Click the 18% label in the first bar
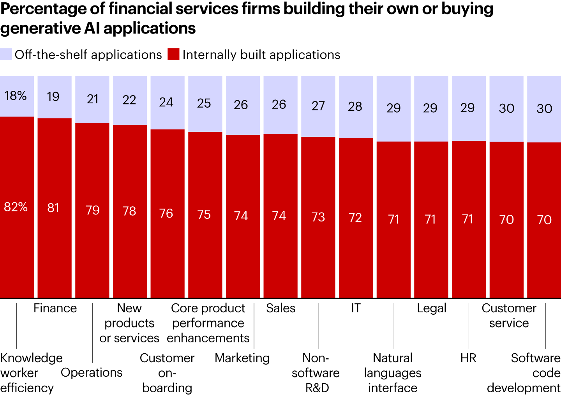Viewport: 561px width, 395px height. point(16,96)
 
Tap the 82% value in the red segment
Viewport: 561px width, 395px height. point(16,207)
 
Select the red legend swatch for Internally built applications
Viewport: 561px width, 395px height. point(173,54)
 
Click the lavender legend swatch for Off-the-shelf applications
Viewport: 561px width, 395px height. point(6,54)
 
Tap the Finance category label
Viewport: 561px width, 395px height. point(55,308)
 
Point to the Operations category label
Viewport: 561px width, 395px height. point(92,372)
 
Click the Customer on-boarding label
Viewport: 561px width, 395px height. point(167,373)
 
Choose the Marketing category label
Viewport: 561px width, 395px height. point(242,358)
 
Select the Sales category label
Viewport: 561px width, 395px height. point(280,308)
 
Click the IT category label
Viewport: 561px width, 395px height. point(356,308)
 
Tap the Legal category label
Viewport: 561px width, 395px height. point(431,308)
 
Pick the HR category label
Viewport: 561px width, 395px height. point(468,358)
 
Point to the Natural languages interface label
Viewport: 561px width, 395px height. point(393,373)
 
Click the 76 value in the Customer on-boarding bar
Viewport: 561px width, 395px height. point(166,213)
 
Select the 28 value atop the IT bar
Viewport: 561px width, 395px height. point(355,106)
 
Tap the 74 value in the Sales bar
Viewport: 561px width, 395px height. point(279,216)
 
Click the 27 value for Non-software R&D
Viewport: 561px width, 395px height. point(318,106)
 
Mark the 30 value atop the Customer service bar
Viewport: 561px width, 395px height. point(506,108)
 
